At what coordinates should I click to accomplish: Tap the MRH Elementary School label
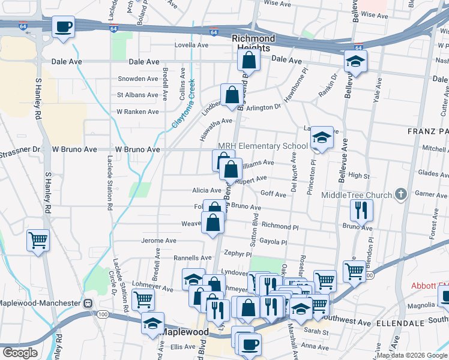click(x=262, y=146)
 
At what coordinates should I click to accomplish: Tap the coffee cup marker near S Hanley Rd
click(x=63, y=27)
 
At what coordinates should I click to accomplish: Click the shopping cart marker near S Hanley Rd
click(x=38, y=240)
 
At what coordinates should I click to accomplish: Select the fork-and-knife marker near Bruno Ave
click(x=361, y=209)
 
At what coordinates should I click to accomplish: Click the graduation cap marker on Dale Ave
click(x=355, y=61)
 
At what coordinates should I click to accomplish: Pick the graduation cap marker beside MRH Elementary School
click(x=322, y=139)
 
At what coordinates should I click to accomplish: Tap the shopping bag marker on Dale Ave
click(x=248, y=60)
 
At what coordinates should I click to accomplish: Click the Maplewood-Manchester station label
click(x=42, y=303)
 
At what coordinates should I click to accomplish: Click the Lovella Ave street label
click(x=191, y=45)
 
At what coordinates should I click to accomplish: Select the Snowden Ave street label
click(x=137, y=79)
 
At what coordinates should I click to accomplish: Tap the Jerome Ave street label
click(x=158, y=241)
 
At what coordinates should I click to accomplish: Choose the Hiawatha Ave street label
click(x=216, y=121)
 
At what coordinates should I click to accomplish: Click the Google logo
click(x=20, y=353)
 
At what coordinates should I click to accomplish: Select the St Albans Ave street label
click(x=137, y=95)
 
